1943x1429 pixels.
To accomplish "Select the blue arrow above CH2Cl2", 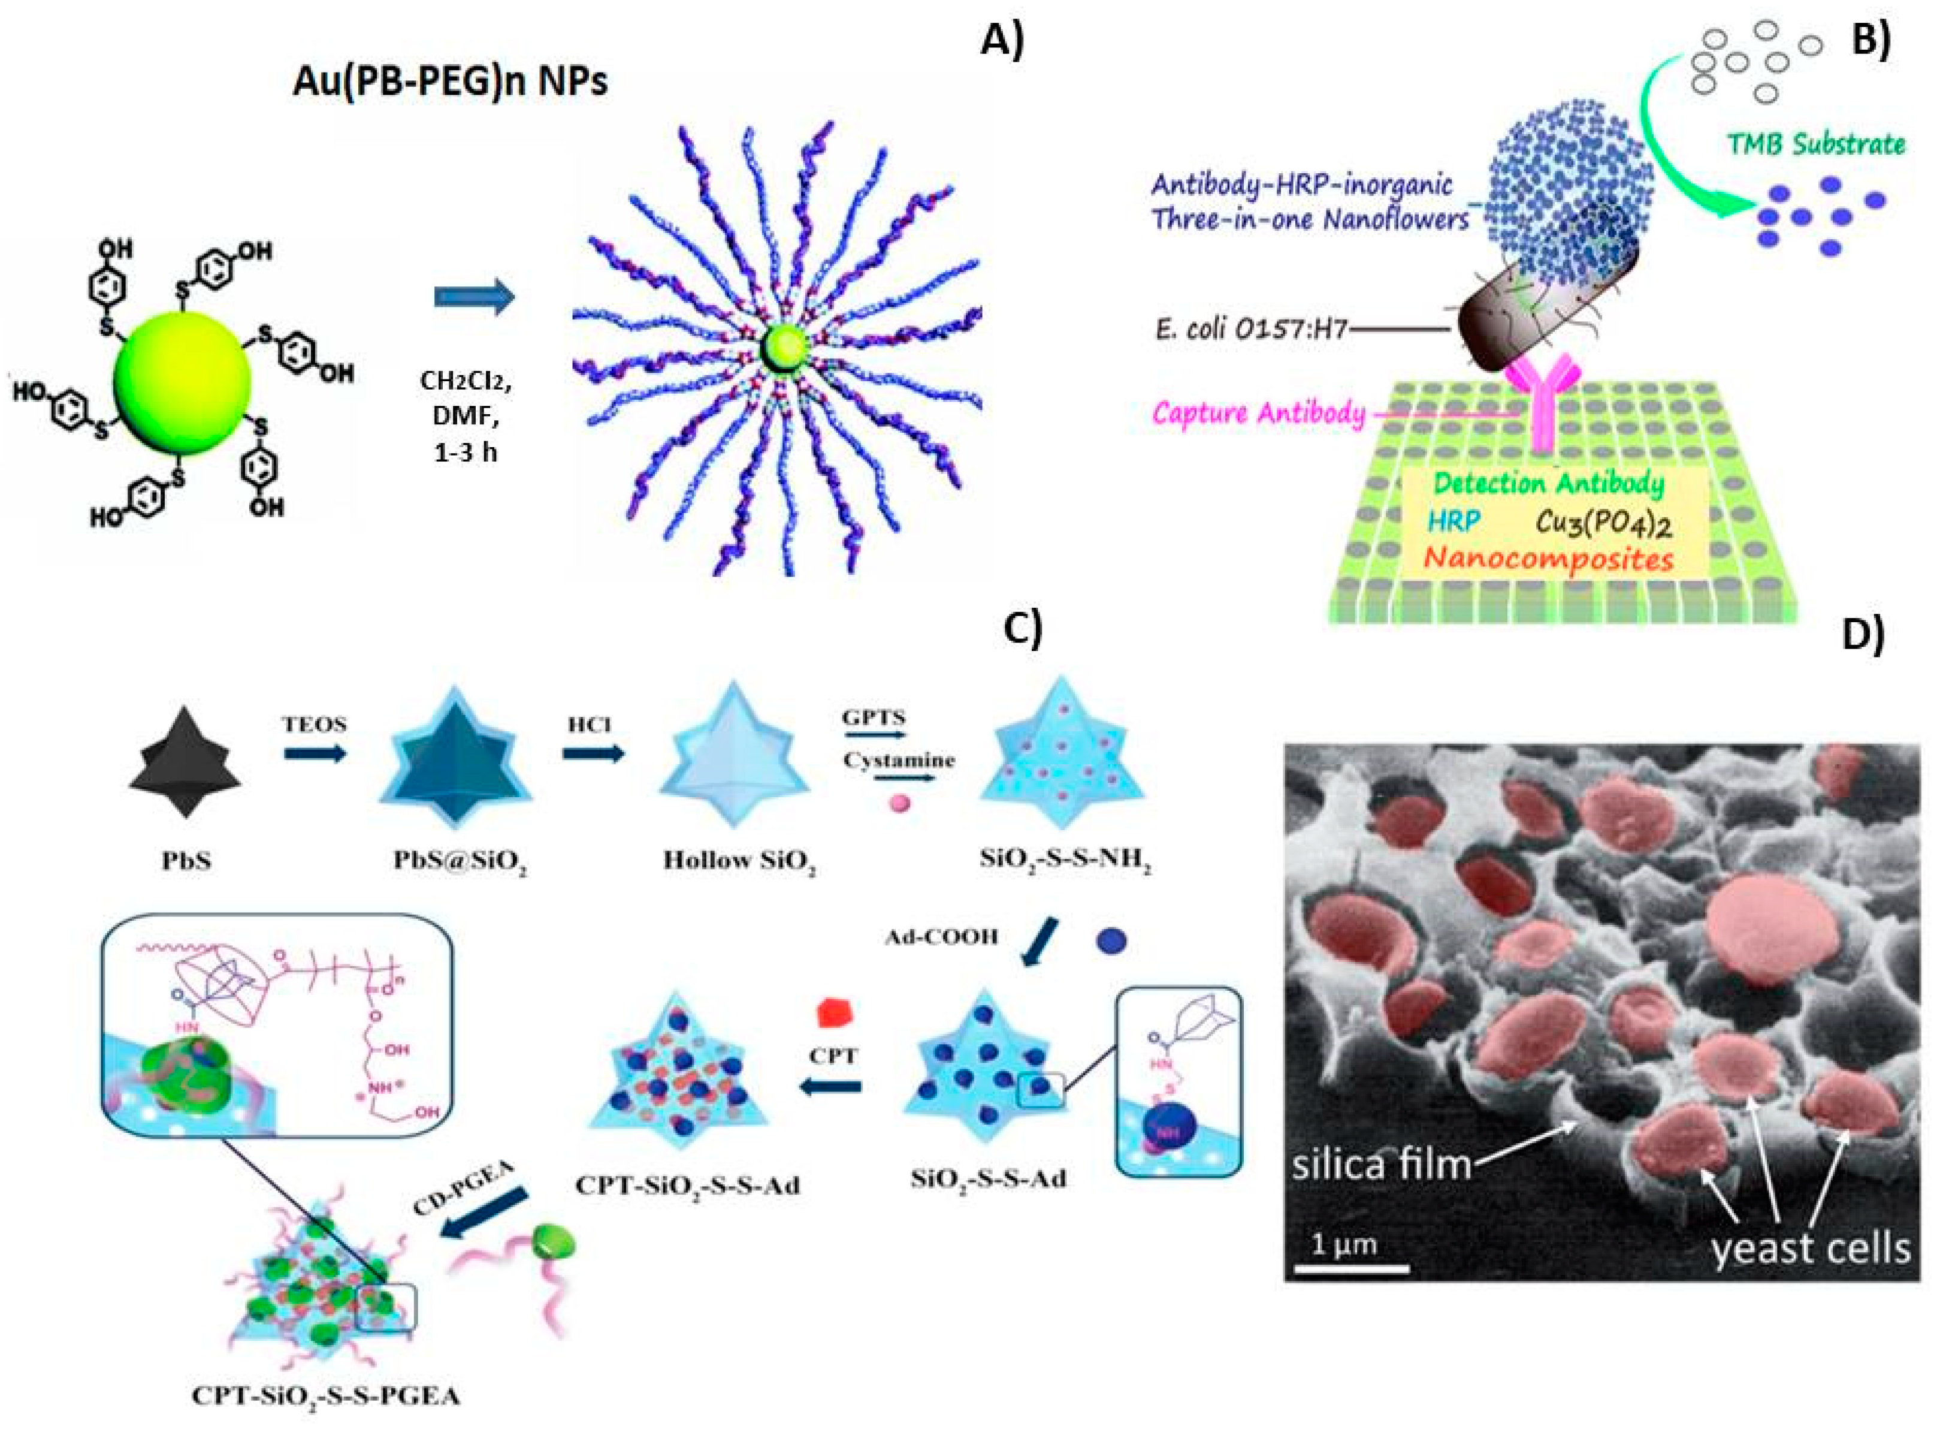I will tap(474, 297).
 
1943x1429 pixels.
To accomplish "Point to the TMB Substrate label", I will tap(1816, 144).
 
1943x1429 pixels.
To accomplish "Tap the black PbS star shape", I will tap(185, 761).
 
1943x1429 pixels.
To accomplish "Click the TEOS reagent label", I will tap(314, 725).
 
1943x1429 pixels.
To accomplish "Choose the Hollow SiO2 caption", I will tap(739, 861).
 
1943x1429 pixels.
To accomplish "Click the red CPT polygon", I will tap(835, 1013).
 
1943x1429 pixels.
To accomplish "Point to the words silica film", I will tap(1381, 1165).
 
